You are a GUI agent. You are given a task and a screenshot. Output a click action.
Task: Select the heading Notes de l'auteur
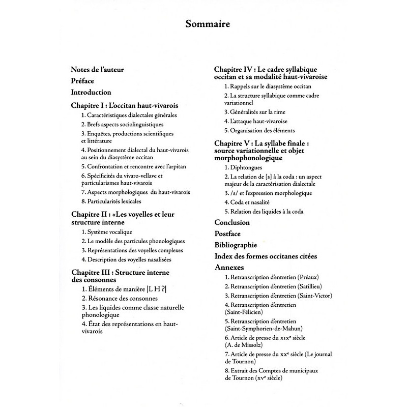(97, 70)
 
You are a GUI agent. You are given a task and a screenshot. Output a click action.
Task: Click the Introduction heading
(91, 92)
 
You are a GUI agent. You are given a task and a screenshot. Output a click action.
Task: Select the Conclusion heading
(232, 222)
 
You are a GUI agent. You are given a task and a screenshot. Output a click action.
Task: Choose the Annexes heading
(229, 267)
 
